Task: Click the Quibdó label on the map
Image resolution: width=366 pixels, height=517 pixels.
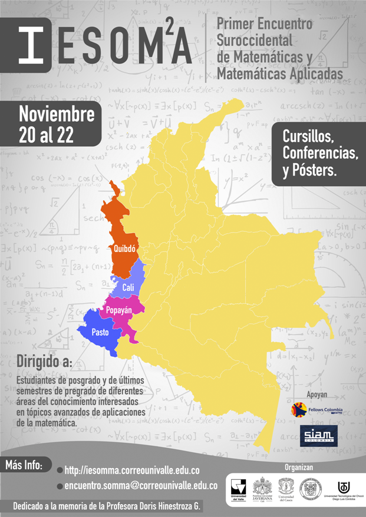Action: [124, 248]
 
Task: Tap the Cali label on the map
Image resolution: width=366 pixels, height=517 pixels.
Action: [128, 286]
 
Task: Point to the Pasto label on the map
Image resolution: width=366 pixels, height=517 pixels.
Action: [100, 332]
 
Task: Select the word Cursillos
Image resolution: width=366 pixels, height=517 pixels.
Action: [308, 136]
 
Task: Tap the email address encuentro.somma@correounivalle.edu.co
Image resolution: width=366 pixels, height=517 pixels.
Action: [141, 486]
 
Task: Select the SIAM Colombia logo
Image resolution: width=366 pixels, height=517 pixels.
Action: [319, 436]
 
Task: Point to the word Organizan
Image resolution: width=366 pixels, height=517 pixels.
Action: [299, 467]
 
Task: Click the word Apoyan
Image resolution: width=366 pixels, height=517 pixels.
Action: [318, 394]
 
